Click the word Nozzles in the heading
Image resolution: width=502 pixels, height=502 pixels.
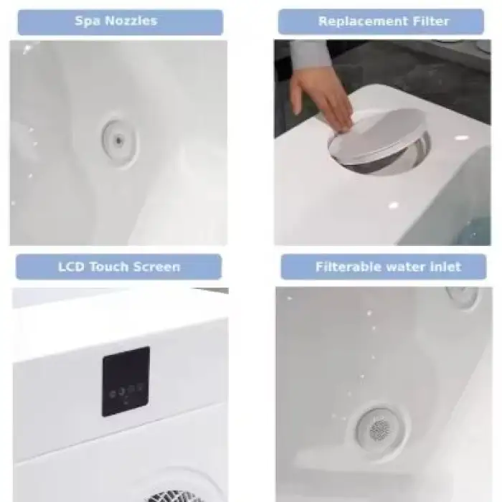pos(131,21)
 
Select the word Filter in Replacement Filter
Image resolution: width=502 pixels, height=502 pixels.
pos(431,22)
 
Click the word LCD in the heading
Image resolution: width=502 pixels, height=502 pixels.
pos(71,267)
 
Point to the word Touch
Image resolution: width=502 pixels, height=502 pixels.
pos(109,267)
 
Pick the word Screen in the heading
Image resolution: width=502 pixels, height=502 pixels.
pos(157,267)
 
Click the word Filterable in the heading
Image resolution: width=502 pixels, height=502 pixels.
pos(349,267)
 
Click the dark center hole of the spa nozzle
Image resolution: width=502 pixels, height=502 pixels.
pos(119,141)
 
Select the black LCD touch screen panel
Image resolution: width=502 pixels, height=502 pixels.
pos(126,382)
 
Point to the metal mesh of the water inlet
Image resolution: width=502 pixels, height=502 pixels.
pos(380,429)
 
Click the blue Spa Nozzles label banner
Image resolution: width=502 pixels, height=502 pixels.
pos(120,22)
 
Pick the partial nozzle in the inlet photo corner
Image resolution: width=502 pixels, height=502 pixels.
pos(463,297)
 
